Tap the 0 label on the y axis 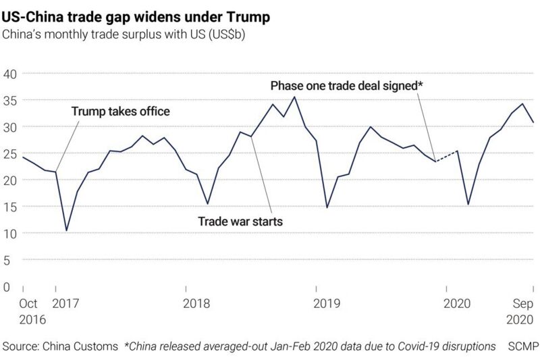coord(7,287)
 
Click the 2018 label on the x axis coord(196,304)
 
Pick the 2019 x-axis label coord(327,304)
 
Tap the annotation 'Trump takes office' coord(121,111)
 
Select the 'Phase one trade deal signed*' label coord(346,86)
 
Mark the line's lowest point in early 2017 coord(66,231)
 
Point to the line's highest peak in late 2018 coord(294,97)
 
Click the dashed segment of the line coord(446,156)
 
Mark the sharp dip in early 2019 coord(327,207)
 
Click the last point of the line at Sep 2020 coord(533,122)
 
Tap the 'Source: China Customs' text coord(59,346)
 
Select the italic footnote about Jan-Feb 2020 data coord(310,346)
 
